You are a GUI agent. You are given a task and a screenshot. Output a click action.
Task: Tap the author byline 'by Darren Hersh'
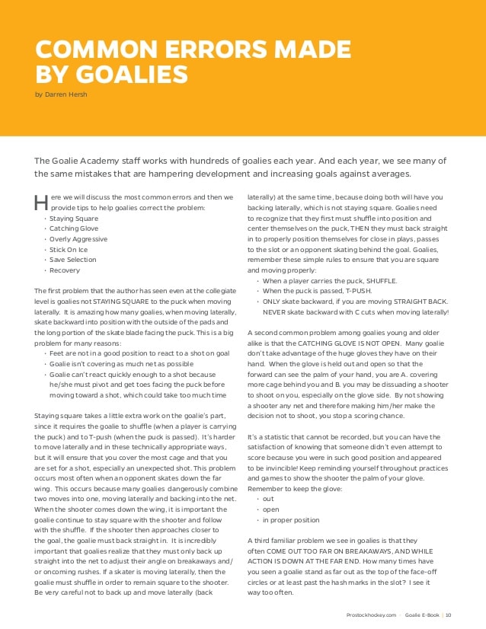click(61, 95)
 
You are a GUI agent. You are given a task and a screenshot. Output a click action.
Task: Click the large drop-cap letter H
click(41, 203)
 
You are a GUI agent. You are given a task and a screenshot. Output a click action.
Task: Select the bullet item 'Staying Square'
click(74, 219)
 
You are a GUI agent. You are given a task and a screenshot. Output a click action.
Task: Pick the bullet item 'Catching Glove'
click(75, 228)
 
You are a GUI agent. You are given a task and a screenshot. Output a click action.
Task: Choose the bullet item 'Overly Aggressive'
click(79, 239)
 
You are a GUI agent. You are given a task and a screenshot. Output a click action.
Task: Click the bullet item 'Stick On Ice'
click(69, 249)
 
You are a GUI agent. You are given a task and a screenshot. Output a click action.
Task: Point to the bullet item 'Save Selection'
click(74, 260)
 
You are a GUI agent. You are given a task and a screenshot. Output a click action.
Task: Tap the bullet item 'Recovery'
click(66, 270)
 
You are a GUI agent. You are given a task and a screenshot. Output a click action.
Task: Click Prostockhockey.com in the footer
click(369, 615)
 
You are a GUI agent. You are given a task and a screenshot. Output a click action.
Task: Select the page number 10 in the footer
click(449, 615)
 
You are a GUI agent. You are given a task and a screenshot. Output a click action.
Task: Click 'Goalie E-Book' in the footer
click(422, 615)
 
